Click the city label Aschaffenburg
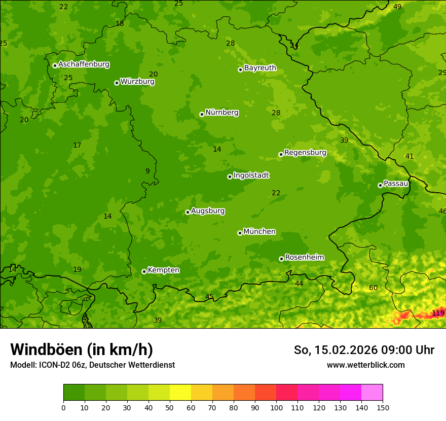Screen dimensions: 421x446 click(84, 64)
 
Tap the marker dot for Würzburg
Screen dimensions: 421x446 click(117, 83)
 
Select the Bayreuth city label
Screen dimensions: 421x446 click(260, 67)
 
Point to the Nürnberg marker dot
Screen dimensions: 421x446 click(202, 114)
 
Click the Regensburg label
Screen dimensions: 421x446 click(305, 152)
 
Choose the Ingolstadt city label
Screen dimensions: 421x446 click(251, 175)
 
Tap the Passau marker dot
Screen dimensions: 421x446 click(380, 185)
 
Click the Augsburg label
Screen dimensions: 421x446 click(208, 210)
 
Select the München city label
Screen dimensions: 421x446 click(259, 231)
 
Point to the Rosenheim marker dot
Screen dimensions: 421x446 click(281, 259)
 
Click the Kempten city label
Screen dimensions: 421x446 click(163, 270)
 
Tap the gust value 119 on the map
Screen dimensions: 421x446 click(438, 313)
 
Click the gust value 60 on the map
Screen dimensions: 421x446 click(373, 288)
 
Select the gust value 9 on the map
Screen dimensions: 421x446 click(147, 171)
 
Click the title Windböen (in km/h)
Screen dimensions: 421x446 click(82, 349)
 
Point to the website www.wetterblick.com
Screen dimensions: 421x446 click(365, 365)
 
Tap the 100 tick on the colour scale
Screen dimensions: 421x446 click(276, 407)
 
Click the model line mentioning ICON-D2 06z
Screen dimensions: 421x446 click(92, 365)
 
